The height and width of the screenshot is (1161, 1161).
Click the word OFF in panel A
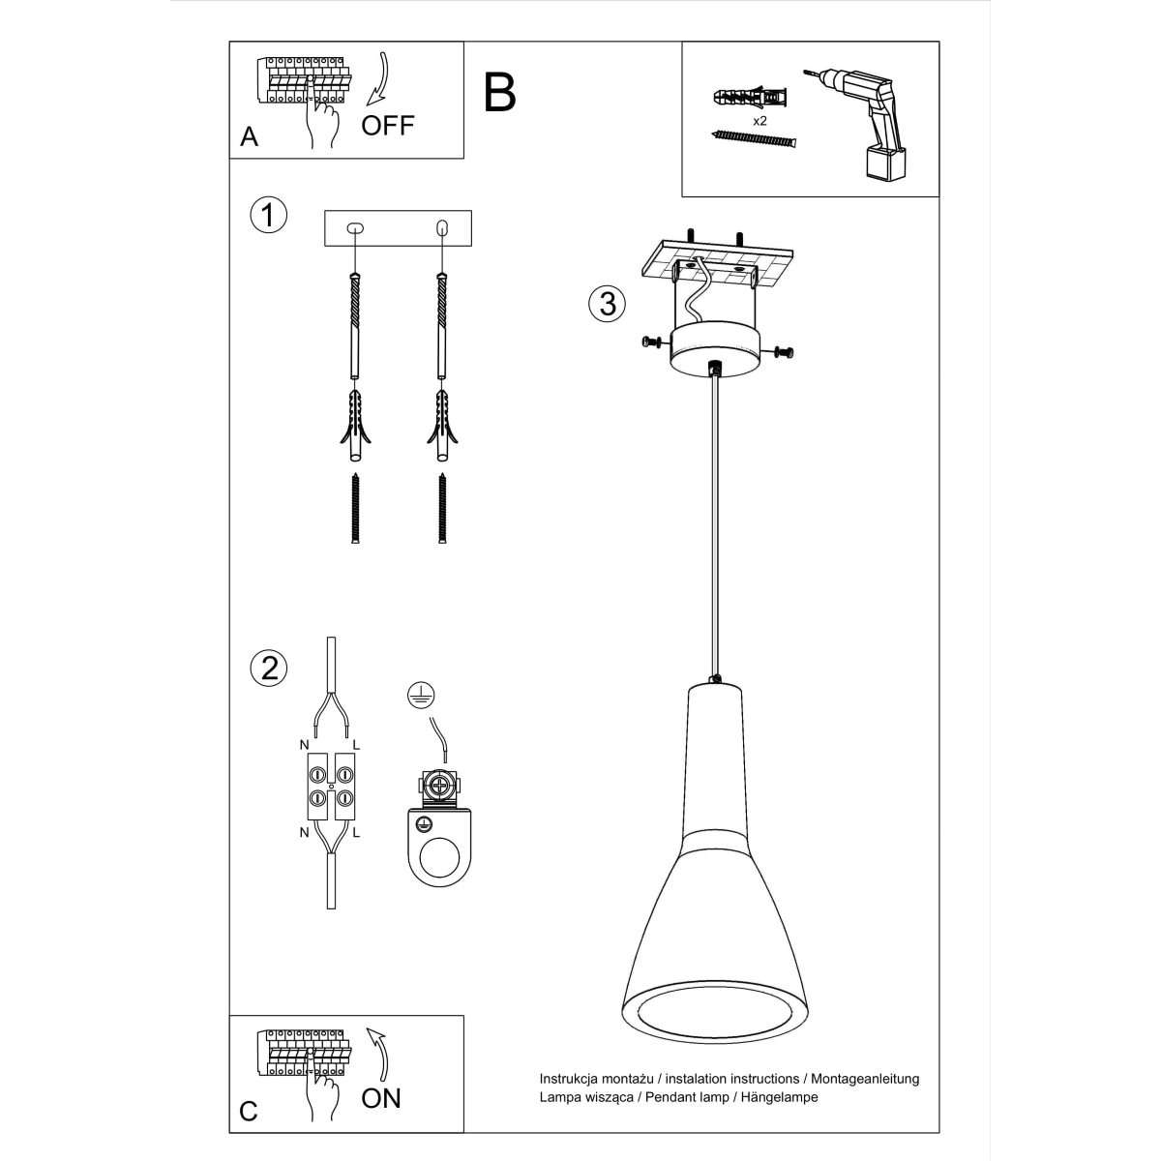point(388,125)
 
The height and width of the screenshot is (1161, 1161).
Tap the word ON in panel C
point(380,1097)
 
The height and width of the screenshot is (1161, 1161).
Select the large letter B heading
point(500,92)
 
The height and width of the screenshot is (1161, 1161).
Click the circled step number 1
point(268,215)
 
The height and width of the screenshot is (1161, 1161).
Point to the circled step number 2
point(268,668)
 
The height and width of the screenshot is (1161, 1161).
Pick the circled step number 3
point(606,303)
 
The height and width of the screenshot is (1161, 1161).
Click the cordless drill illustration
point(861,121)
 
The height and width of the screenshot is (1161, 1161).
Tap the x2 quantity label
point(759,121)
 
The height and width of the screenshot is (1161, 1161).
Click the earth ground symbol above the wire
point(419,692)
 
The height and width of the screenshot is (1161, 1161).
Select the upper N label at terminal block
point(304,744)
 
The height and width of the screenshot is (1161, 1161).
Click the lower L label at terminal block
point(356,832)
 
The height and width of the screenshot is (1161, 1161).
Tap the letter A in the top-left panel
point(250,137)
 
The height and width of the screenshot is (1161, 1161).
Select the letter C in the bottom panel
point(249,1111)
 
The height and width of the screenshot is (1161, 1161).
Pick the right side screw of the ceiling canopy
point(785,353)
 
